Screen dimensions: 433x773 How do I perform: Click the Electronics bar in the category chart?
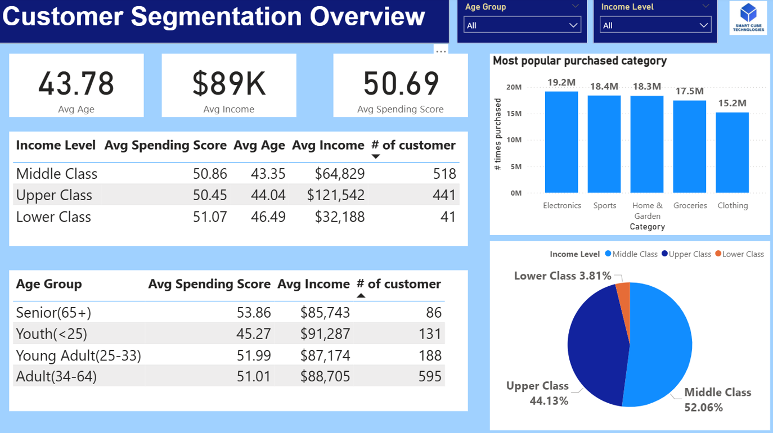tap(561, 142)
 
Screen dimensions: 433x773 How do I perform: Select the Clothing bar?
tap(732, 153)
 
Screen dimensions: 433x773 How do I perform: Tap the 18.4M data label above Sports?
tap(604, 86)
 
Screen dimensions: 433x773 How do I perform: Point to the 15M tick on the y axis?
tap(514, 114)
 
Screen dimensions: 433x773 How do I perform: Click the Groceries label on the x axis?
tap(690, 206)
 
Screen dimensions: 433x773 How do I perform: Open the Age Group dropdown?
tap(522, 25)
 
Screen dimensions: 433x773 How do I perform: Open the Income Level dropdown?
tap(655, 25)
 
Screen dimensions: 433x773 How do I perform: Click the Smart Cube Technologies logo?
tap(748, 18)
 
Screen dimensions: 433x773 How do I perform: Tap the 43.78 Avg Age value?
tap(76, 84)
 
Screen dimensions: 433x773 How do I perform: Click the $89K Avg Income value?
tap(228, 84)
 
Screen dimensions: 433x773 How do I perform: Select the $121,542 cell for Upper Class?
tap(336, 195)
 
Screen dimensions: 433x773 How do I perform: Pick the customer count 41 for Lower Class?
tap(448, 217)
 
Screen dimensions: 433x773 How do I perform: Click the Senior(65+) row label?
tap(53, 312)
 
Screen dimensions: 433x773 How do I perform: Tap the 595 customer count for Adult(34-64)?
tap(430, 376)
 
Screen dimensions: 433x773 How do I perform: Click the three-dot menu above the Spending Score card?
tap(441, 51)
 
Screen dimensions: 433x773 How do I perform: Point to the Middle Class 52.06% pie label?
tap(717, 400)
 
